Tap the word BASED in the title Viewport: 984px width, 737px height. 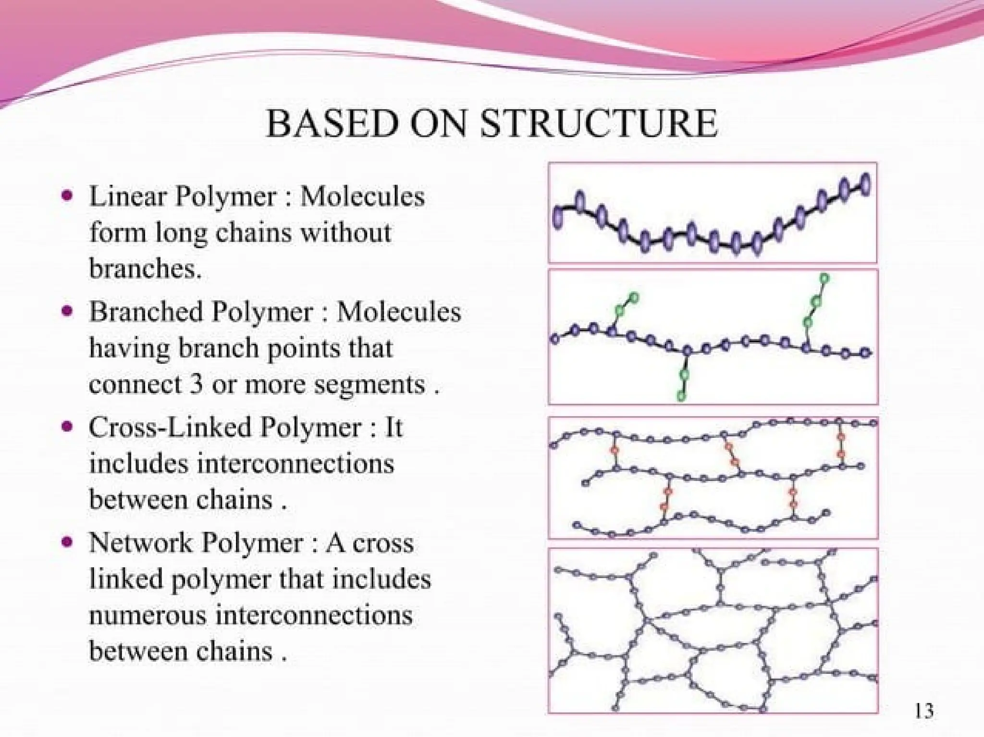332,124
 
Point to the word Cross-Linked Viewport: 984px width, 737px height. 170,427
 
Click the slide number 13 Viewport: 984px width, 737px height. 924,711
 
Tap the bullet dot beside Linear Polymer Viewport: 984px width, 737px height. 68,196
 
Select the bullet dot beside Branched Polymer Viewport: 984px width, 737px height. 68,311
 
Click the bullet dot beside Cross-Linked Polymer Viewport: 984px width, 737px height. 68,426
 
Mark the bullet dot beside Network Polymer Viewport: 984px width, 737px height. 68,542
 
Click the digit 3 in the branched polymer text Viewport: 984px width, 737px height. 196,384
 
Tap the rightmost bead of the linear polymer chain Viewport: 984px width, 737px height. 865,185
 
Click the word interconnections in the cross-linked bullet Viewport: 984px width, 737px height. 295,464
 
